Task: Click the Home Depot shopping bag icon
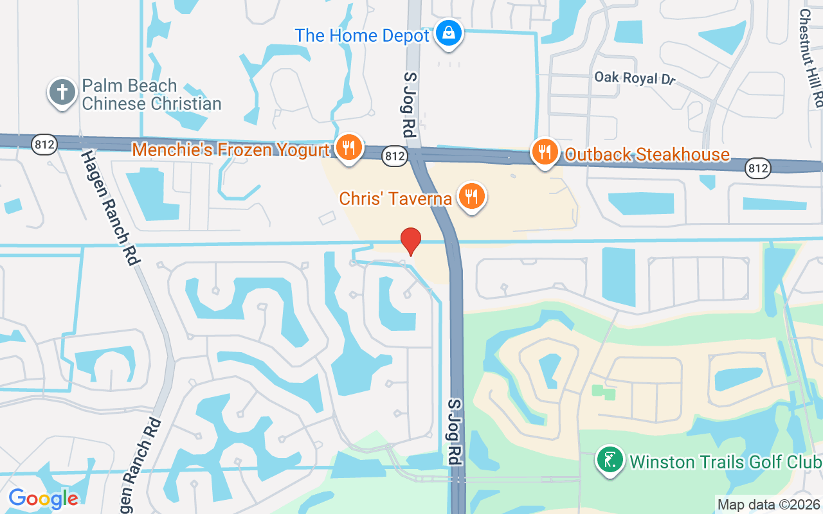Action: tap(449, 32)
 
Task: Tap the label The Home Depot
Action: tap(361, 35)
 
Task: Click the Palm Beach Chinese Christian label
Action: tap(152, 94)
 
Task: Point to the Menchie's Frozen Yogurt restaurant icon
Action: tap(348, 148)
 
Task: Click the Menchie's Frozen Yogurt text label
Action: tap(230, 150)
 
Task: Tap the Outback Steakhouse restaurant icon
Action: tap(545, 152)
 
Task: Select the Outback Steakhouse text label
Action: tap(647, 155)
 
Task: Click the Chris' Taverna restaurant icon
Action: tap(472, 195)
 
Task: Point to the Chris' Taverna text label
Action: tap(395, 199)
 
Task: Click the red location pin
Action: tap(411, 242)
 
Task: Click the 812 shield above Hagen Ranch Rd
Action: tap(45, 145)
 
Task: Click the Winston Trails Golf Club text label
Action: tap(725, 462)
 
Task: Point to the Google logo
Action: tap(43, 498)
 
